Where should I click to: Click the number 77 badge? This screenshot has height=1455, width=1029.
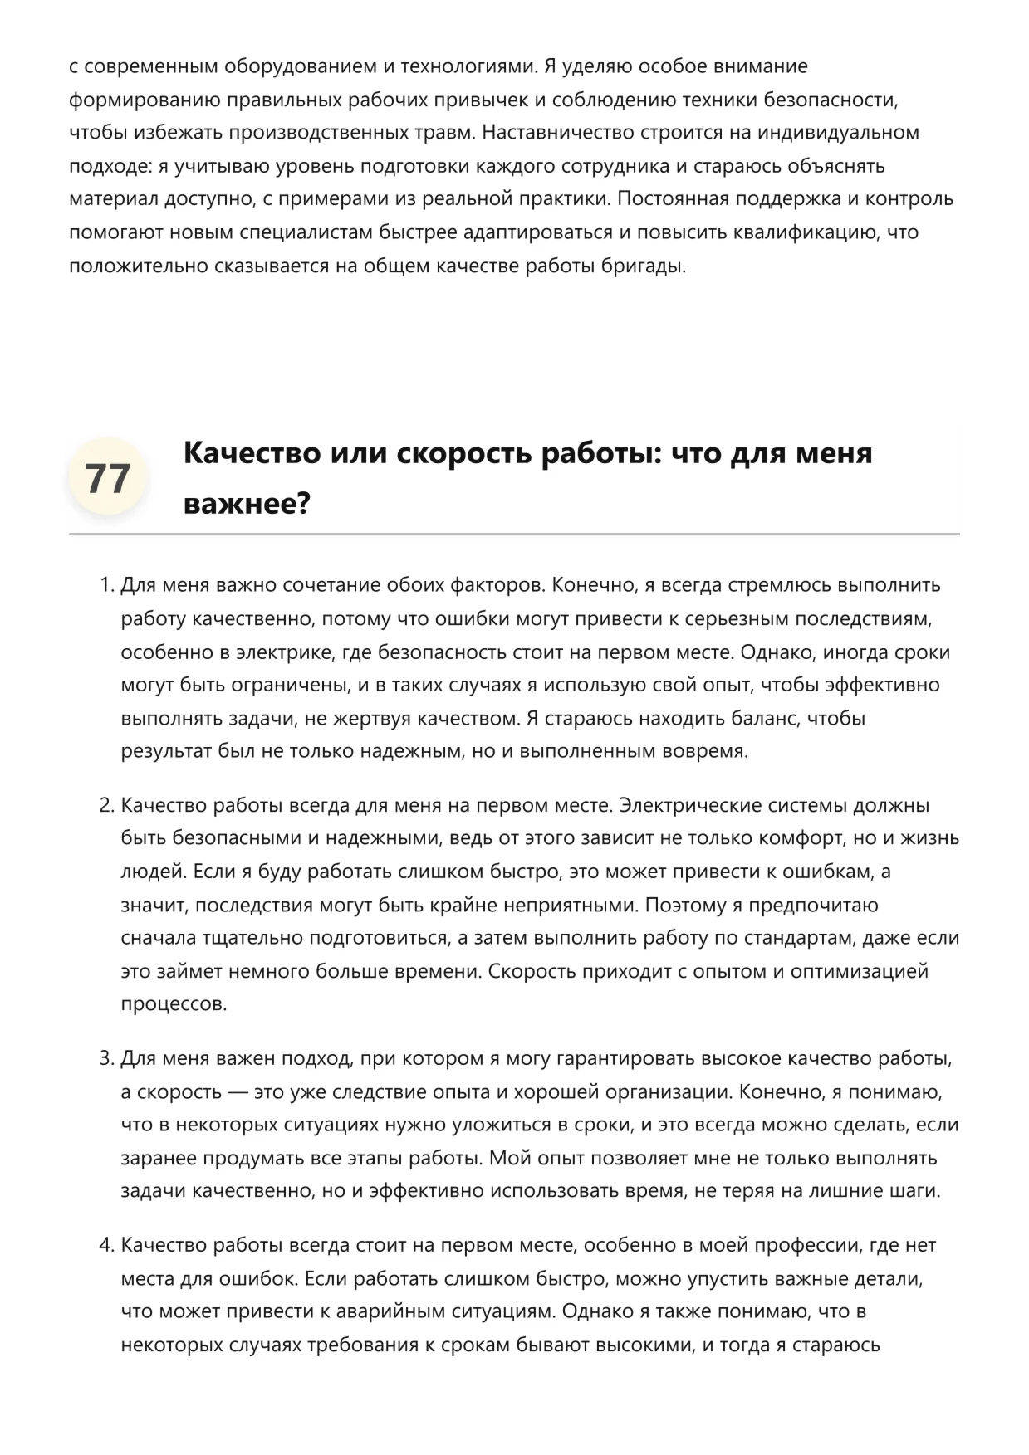click(x=107, y=478)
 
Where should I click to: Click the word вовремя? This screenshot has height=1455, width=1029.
click(x=704, y=751)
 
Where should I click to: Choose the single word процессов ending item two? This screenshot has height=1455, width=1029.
click(x=174, y=1004)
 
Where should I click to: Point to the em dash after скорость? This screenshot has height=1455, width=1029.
click(x=238, y=1091)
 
